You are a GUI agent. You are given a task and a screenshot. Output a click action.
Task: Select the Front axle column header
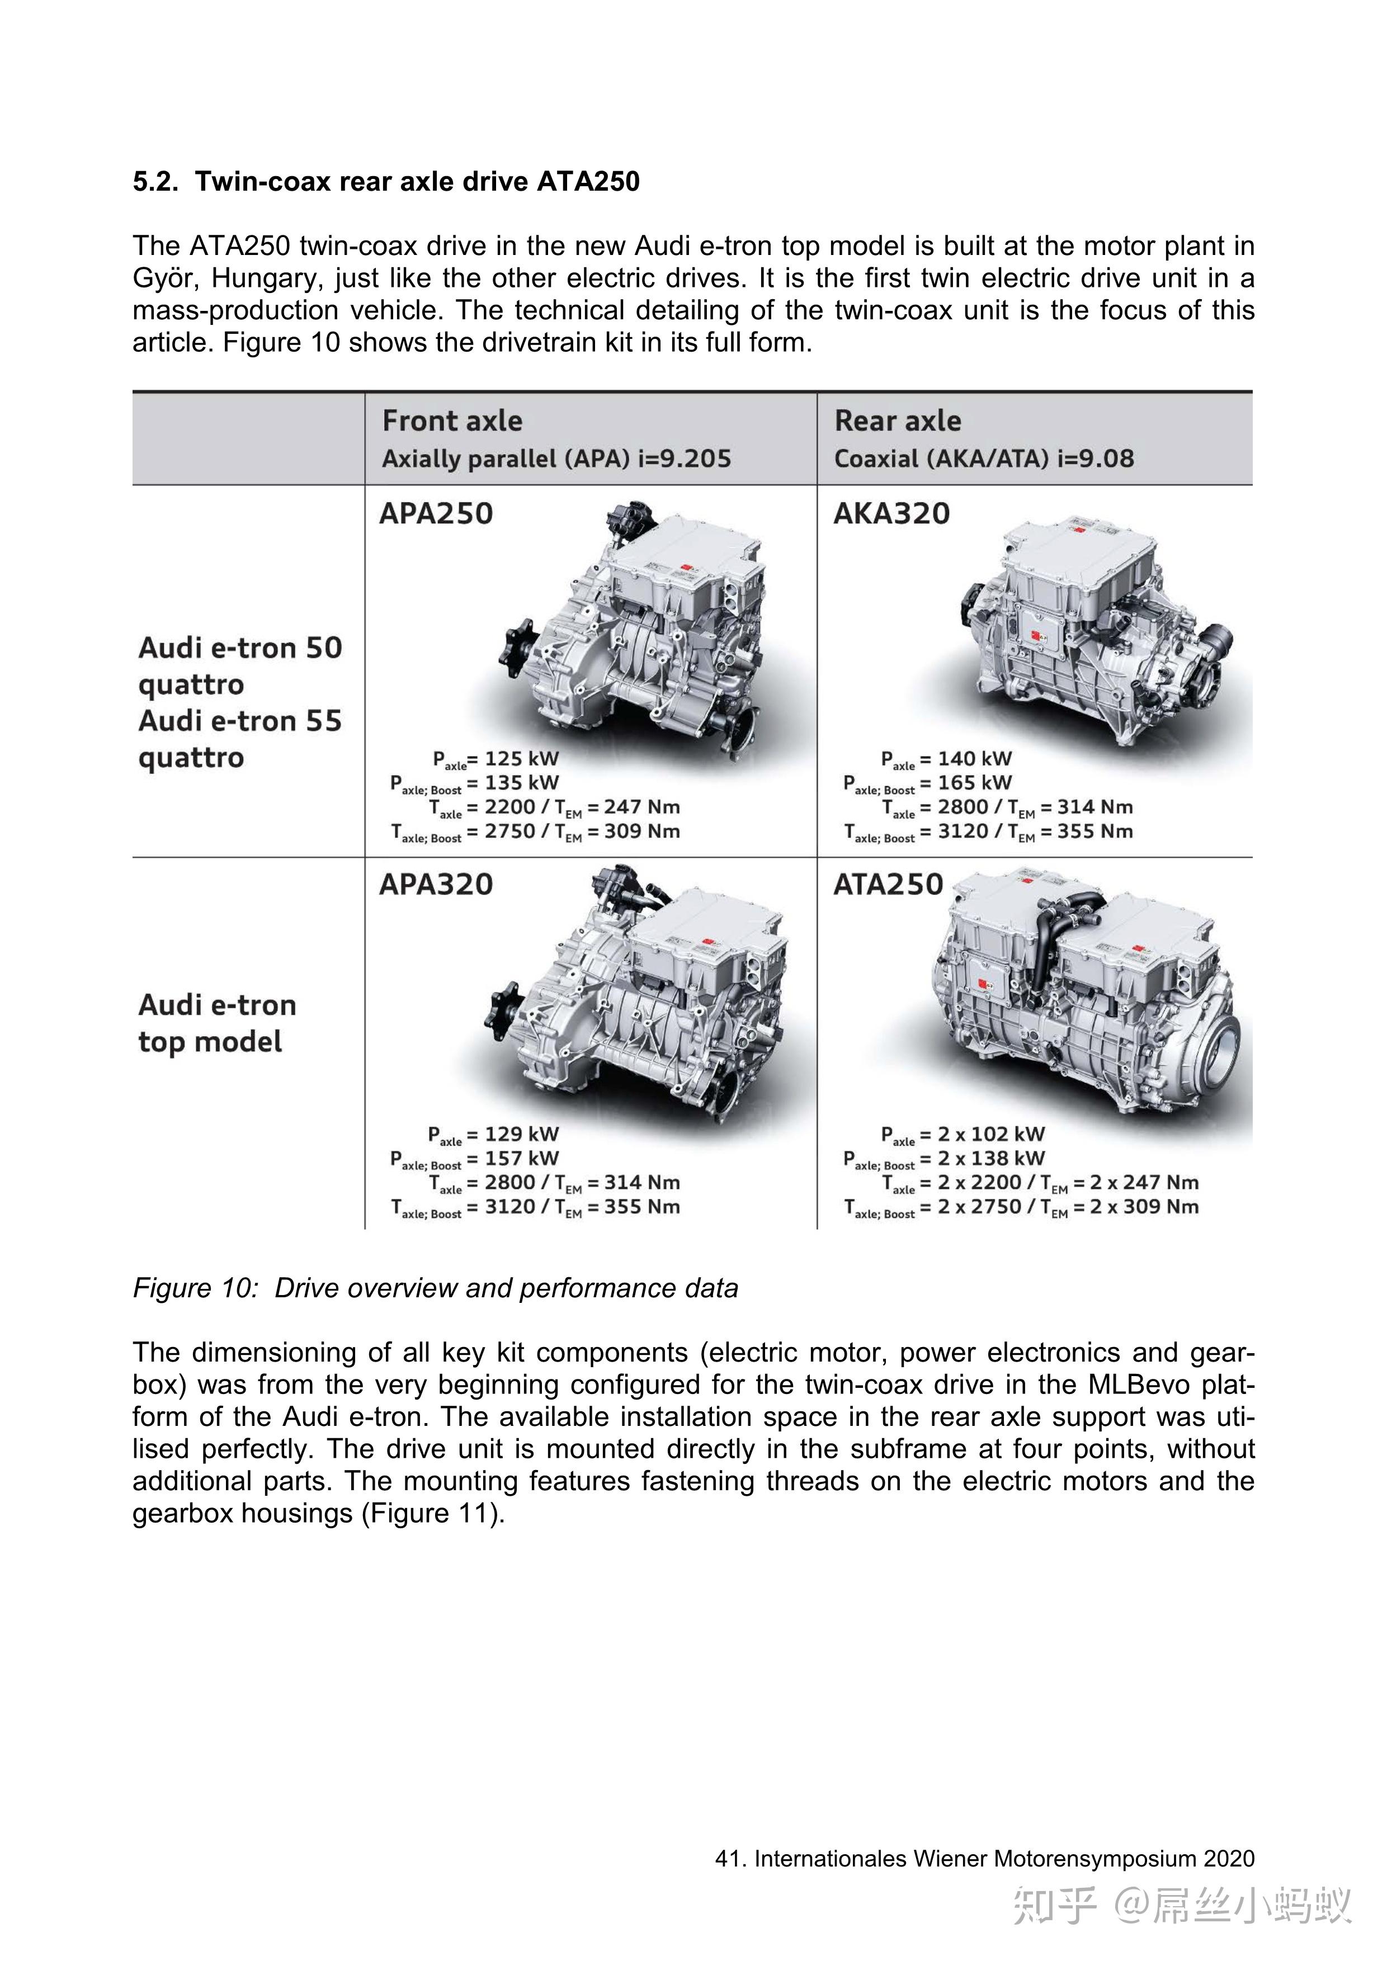point(452,421)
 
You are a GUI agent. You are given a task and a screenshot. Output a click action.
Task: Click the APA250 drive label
point(436,514)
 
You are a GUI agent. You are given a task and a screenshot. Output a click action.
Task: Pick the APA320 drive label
point(436,885)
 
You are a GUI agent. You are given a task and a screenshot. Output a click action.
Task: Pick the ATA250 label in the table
point(888,885)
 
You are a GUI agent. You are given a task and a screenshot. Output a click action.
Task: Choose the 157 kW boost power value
point(521,1159)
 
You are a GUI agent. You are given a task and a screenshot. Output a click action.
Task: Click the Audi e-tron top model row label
point(217,1023)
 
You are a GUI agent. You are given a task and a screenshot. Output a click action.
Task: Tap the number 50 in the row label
point(324,648)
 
